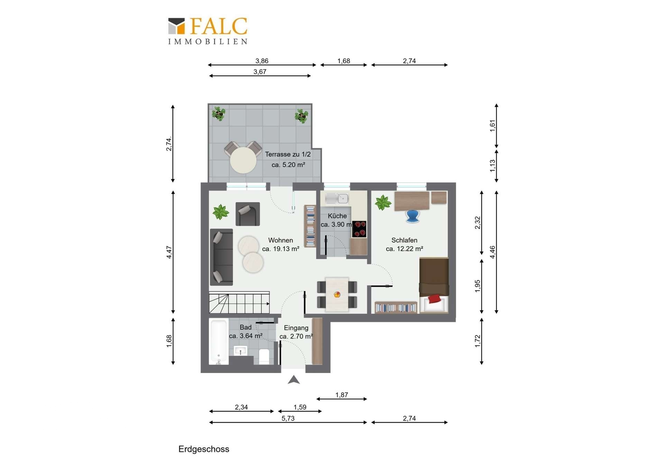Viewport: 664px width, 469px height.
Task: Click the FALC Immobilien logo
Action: pyautogui.click(x=207, y=31)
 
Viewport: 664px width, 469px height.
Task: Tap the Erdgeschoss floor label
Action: pyautogui.click(x=204, y=449)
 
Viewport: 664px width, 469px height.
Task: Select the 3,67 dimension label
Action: pyautogui.click(x=260, y=72)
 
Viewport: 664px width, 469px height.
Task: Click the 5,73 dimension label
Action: pyautogui.click(x=288, y=419)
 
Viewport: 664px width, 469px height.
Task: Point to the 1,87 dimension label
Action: pyautogui.click(x=341, y=395)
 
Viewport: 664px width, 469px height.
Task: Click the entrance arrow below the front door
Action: pyautogui.click(x=294, y=380)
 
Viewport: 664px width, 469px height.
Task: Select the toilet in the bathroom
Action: pyautogui.click(x=264, y=356)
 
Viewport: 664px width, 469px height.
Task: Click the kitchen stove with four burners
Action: pyautogui.click(x=359, y=229)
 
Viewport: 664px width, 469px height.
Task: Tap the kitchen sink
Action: pyautogui.click(x=337, y=198)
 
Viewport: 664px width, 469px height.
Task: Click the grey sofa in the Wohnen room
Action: pyautogui.click(x=221, y=256)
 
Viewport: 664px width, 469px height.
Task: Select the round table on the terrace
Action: pyautogui.click(x=243, y=160)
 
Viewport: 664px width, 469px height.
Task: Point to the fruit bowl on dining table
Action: pyautogui.click(x=337, y=295)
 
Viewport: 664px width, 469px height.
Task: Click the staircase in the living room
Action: pyautogui.click(x=239, y=302)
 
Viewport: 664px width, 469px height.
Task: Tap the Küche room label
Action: pyautogui.click(x=337, y=216)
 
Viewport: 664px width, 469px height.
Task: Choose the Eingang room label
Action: pyautogui.click(x=296, y=328)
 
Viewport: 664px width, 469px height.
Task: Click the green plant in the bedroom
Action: pyautogui.click(x=383, y=203)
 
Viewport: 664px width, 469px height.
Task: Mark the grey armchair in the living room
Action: pyautogui.click(x=248, y=214)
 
